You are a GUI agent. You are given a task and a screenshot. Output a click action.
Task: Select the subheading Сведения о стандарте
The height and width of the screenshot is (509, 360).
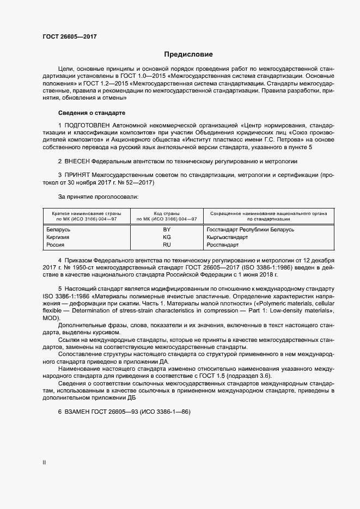91,113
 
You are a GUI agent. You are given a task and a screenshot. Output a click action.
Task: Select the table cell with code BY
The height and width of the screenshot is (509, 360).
167,230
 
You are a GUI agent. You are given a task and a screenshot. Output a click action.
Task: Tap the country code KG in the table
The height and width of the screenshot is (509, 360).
167,237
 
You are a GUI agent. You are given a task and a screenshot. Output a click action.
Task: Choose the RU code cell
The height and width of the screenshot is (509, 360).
167,245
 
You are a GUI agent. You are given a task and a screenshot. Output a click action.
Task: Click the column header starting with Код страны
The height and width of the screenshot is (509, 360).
167,216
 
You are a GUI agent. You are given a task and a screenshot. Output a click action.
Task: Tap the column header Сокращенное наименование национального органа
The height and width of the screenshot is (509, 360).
268,216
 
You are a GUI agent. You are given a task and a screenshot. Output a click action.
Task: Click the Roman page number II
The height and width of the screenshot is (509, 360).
44,463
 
